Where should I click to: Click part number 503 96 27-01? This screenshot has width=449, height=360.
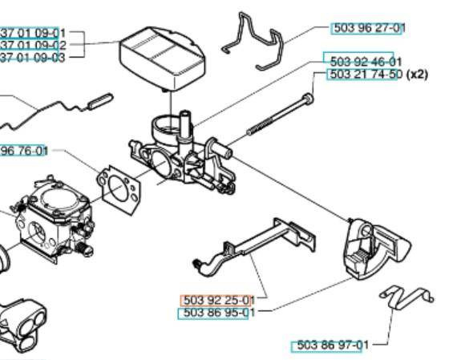368,28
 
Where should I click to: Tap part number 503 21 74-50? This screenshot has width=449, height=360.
365,75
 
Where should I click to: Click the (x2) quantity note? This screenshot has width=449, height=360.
419,75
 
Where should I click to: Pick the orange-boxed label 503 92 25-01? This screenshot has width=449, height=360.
218,300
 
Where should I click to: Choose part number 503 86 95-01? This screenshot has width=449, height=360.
218,313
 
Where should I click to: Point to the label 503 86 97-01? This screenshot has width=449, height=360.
331,346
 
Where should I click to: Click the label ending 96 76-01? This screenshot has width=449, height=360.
25,150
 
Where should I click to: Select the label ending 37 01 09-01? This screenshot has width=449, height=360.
28,33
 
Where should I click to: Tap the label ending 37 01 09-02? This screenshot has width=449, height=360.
28,45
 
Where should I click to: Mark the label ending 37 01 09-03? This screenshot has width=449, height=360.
28,57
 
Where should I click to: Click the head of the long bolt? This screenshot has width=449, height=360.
308,100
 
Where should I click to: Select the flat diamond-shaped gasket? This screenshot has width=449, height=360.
120,185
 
